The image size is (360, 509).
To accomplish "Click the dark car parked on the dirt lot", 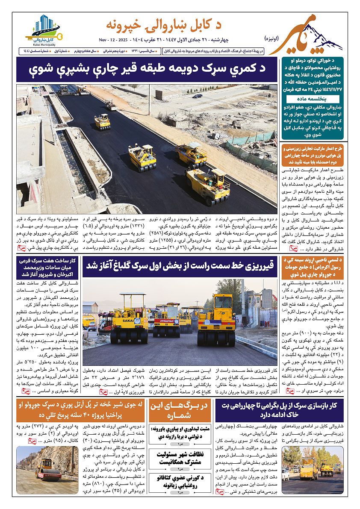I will point(197,96).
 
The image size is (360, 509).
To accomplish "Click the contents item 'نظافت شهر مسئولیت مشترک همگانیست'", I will point(180,458).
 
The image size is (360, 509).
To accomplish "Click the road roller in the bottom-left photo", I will point(48,468).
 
